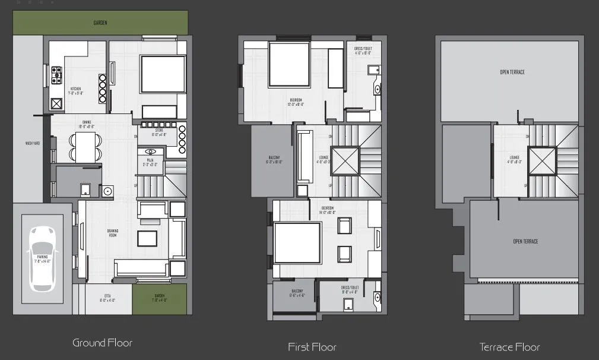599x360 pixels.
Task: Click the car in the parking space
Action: pos(42,258)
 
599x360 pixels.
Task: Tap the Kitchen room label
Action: pos(76,90)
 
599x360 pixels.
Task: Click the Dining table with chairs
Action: pos(85,147)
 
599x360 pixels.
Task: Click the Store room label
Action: pos(159,132)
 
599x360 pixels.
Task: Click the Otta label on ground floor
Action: pos(107,298)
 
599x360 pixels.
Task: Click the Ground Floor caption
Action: pos(102,343)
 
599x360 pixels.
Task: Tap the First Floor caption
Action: pos(312,347)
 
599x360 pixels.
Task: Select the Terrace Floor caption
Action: pos(510,347)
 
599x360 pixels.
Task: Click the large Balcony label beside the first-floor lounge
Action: pos(273,160)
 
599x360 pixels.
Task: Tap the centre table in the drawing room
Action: pos(148,238)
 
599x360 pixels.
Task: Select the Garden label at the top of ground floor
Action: pos(101,23)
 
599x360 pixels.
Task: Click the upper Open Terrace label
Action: pos(512,72)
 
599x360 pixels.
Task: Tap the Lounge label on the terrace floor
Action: pos(515,159)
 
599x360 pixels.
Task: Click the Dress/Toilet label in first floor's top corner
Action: pos(363,52)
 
